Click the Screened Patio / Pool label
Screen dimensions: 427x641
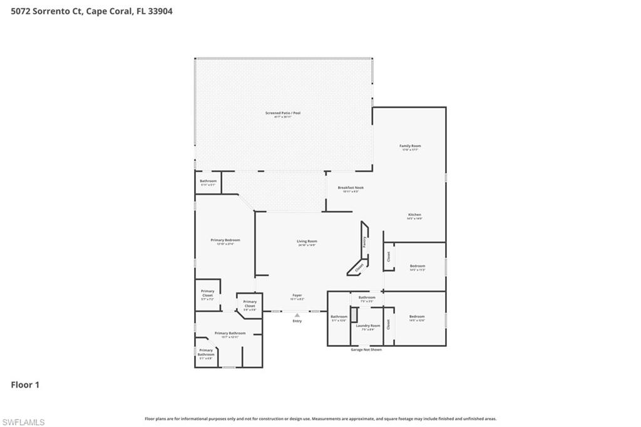tap(283, 113)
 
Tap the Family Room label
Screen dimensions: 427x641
tap(410, 147)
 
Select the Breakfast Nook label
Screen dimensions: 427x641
tap(351, 188)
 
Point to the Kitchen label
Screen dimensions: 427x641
tap(414, 215)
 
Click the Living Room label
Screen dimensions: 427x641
tap(307, 241)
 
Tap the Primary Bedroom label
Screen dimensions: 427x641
tap(225, 240)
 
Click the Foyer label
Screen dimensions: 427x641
tap(297, 295)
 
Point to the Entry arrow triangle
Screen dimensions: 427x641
tap(297, 315)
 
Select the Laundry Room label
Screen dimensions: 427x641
tap(367, 326)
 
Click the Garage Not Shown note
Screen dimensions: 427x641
tap(366, 349)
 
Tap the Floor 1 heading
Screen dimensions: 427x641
tap(25, 385)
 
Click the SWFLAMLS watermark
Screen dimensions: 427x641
tap(23, 422)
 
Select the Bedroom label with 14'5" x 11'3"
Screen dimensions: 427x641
tap(417, 266)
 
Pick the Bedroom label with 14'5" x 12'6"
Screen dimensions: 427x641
tap(417, 317)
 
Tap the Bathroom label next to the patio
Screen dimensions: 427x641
tap(208, 181)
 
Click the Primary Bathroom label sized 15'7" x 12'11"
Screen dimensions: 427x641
tap(230, 333)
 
